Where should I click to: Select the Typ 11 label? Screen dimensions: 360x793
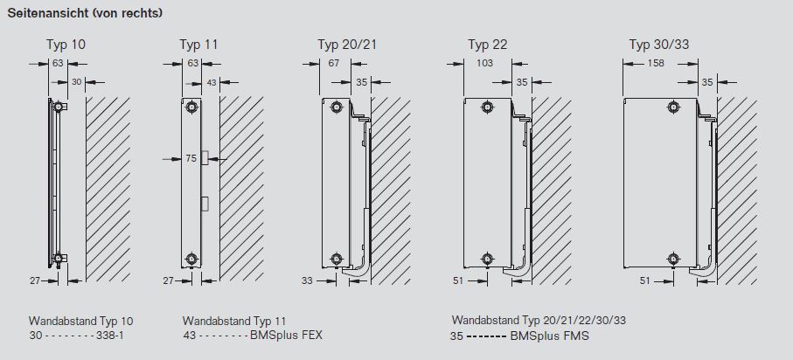[198, 45]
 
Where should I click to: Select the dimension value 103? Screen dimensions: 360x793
[486, 63]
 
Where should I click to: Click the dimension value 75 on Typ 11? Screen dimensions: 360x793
[191, 159]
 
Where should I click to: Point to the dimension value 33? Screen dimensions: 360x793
[307, 280]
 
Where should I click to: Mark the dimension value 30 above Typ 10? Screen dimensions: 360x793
[77, 82]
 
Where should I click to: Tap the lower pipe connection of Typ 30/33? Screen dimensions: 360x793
[672, 259]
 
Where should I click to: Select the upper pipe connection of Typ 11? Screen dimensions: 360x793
[192, 107]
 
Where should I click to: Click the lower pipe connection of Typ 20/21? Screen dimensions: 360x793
[337, 259]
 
